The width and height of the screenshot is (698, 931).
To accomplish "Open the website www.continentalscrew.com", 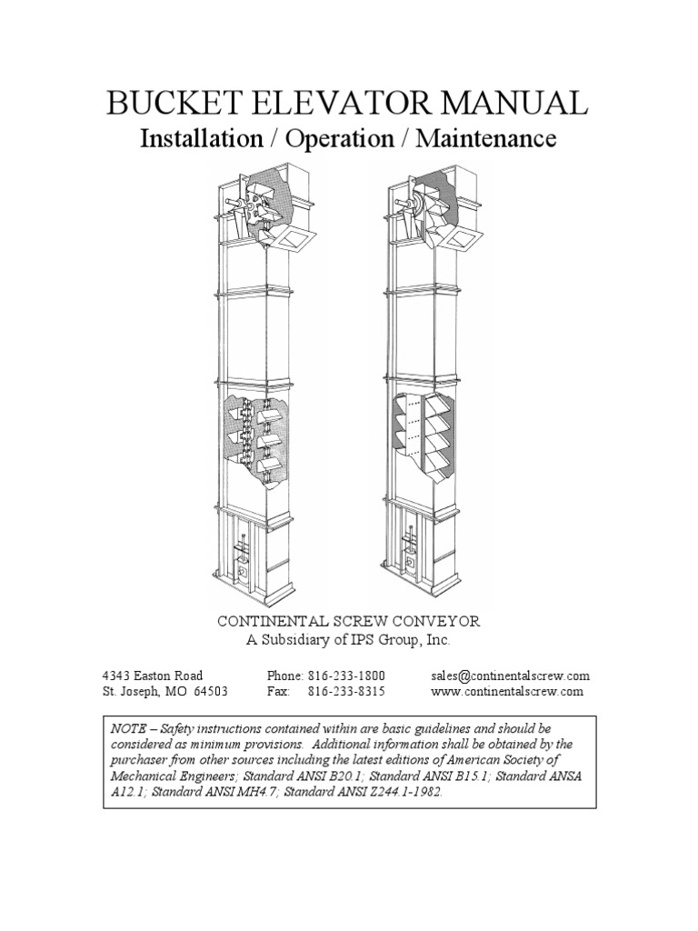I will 507,692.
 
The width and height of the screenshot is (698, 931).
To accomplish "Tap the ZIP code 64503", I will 210,692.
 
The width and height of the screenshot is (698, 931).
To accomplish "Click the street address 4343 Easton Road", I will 152,676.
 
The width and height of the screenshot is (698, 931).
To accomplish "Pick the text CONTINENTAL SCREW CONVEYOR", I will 348,621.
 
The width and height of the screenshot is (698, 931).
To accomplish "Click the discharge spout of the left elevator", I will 294,238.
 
